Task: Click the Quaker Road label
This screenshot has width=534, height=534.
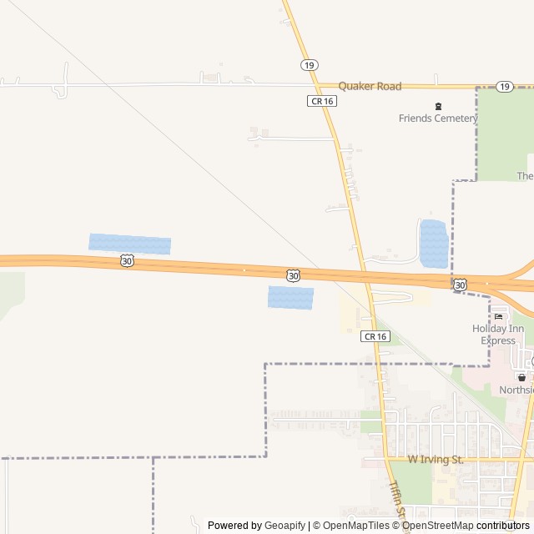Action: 370,86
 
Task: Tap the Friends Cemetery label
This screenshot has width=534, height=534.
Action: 437,118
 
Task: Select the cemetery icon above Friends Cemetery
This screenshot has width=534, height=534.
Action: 438,105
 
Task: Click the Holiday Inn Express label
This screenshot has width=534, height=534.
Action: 498,334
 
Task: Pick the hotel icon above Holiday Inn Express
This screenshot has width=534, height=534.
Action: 499,315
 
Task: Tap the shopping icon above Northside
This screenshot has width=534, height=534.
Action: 521,377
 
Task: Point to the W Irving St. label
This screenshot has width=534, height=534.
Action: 436,460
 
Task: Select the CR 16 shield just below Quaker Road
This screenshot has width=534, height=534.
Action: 321,100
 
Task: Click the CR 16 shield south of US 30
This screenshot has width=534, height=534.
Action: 375,336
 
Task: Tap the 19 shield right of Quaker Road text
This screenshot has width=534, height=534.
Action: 504,86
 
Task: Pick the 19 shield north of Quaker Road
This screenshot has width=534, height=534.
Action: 310,64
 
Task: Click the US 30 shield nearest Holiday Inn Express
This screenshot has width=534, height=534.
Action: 460,285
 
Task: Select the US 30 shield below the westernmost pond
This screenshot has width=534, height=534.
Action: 126,261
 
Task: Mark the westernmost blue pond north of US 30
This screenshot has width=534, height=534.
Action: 129,244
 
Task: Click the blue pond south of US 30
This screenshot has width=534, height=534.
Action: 290,297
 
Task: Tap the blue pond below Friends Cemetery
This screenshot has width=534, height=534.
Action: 433,244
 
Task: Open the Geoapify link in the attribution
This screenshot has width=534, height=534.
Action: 285,526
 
